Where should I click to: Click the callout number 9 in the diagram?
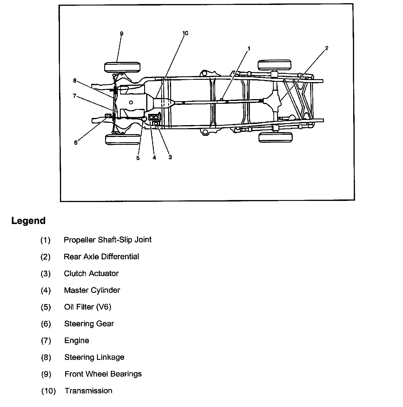[122, 34]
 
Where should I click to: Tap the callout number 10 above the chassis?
[185, 33]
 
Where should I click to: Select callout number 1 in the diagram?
[249, 49]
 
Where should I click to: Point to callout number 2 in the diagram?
[327, 48]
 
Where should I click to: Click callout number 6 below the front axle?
[76, 143]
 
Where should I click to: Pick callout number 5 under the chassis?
[138, 158]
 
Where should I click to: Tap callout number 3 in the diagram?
[170, 157]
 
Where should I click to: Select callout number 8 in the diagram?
[75, 81]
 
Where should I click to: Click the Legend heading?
[28, 221]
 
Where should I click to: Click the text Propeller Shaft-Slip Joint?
[107, 240]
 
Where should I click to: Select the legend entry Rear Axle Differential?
[101, 256]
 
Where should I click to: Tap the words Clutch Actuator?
[91, 273]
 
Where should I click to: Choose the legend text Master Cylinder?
[92, 290]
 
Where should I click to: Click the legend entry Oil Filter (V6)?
[87, 307]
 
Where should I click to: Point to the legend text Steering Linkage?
[94, 357]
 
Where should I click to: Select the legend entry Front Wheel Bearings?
[103, 374]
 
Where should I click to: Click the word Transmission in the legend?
[88, 391]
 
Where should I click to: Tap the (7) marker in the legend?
[46, 341]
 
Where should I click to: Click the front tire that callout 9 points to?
[123, 67]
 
